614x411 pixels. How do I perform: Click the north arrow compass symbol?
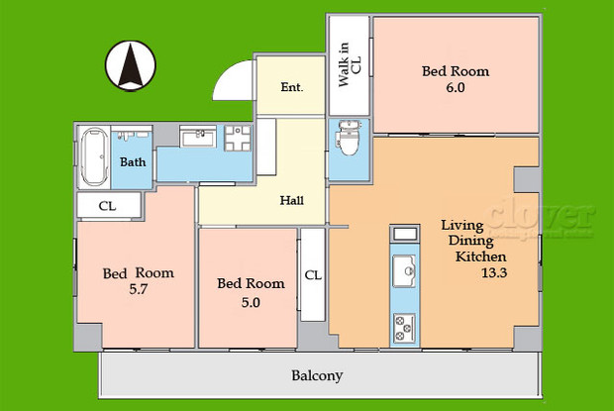[x=129, y=65]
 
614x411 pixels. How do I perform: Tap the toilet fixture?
[x=348, y=142]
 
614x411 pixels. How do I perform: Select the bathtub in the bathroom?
[x=94, y=156]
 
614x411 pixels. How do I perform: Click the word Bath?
[x=134, y=161]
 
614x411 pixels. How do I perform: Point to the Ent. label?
[x=291, y=87]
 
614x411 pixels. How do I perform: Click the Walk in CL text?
[x=350, y=65]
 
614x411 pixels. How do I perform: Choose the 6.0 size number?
[x=456, y=88]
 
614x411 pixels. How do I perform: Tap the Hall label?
[x=292, y=200]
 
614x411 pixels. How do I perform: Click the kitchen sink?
[x=405, y=268]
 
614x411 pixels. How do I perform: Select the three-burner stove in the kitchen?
[x=405, y=324]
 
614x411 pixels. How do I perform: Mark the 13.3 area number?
[x=494, y=273]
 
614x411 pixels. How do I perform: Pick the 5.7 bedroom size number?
[x=139, y=292]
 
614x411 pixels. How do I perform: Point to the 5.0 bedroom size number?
[x=251, y=303]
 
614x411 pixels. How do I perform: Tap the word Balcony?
[x=317, y=376]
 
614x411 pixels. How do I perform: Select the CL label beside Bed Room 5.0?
[x=312, y=275]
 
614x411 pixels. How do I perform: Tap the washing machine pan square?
[x=238, y=137]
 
